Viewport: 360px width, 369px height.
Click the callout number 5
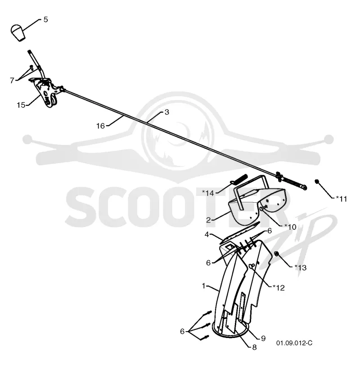pyautogui.click(x=45, y=19)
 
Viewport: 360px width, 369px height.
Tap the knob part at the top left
pyautogui.click(x=18, y=32)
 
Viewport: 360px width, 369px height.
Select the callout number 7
pyautogui.click(x=12, y=81)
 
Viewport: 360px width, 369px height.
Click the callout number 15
pyautogui.click(x=21, y=105)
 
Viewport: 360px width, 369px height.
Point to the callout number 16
pyautogui.click(x=100, y=126)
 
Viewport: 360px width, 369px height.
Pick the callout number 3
pyautogui.click(x=167, y=112)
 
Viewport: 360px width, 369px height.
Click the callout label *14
pyautogui.click(x=208, y=193)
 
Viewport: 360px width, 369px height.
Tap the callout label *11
pyautogui.click(x=342, y=199)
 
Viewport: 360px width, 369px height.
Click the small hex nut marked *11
pyautogui.click(x=317, y=182)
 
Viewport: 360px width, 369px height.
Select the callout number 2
pyautogui.click(x=208, y=220)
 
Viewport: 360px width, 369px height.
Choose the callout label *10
pyautogui.click(x=290, y=227)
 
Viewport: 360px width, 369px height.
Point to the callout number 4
pyautogui.click(x=207, y=235)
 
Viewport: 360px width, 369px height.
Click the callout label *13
pyautogui.click(x=301, y=268)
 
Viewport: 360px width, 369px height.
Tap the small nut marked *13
pyautogui.click(x=277, y=254)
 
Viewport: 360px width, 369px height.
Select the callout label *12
pyautogui.click(x=279, y=288)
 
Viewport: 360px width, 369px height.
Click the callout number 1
pyautogui.click(x=204, y=286)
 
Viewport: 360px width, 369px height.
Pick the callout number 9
pyautogui.click(x=263, y=338)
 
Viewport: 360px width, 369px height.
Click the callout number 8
pyautogui.click(x=254, y=347)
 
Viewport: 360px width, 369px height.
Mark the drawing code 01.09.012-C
pyautogui.click(x=294, y=343)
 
